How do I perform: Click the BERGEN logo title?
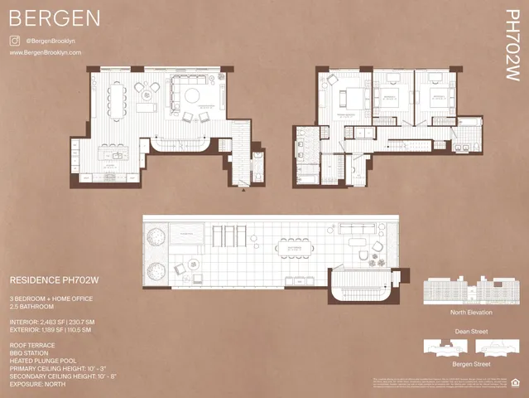(x=55, y=17)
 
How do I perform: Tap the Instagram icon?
(x=14, y=40)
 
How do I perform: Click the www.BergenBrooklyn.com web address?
(x=46, y=52)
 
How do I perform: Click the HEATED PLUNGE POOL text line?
(x=50, y=361)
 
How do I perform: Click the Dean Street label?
(x=469, y=331)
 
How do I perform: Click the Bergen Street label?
(x=469, y=364)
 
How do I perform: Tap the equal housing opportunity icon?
(x=517, y=383)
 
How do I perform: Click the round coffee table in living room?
(x=191, y=95)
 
